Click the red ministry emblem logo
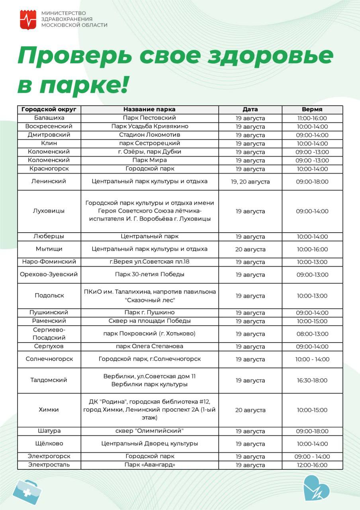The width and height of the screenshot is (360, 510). (x=28, y=20)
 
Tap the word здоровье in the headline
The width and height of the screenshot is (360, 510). (x=274, y=56)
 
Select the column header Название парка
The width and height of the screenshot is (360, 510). (x=149, y=110)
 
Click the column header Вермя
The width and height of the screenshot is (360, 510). (x=312, y=110)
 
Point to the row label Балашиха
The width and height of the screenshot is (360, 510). (x=49, y=118)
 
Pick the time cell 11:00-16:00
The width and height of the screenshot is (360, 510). (x=312, y=118)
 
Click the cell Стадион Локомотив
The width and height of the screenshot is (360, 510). (x=149, y=135)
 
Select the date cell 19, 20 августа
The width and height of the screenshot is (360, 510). (x=250, y=182)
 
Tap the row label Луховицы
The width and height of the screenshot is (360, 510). (x=49, y=211)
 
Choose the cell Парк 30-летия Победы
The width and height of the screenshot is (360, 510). (x=149, y=275)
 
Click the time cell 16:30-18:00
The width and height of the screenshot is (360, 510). (x=312, y=381)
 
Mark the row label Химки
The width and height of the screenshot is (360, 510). (x=49, y=410)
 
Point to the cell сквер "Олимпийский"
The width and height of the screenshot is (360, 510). (x=149, y=431)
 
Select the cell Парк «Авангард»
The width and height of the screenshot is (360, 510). (x=149, y=465)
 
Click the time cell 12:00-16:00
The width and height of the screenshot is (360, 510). (x=312, y=465)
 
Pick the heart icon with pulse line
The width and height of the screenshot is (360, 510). (x=316, y=488)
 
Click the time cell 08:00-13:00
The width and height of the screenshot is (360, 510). (x=312, y=334)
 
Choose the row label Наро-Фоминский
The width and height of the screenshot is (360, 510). (x=49, y=262)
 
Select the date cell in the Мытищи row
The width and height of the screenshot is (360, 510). (x=250, y=249)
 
